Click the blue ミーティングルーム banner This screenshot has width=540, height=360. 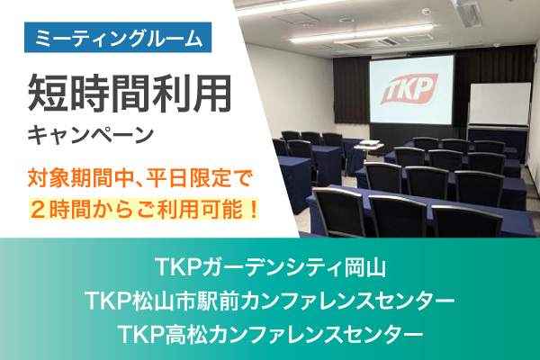[118, 37]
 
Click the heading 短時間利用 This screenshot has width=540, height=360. [130, 94]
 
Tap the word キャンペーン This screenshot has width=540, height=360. [91, 135]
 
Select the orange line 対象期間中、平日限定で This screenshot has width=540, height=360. [139, 179]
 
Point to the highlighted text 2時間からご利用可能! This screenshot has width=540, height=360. [143, 210]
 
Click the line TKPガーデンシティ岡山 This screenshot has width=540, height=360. [270, 267]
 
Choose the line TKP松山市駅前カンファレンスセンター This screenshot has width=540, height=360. [270, 300]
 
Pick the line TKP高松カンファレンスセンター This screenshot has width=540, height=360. [270, 333]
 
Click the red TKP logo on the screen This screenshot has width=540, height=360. [409, 88]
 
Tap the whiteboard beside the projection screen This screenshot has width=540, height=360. [500, 104]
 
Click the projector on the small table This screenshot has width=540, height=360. [370, 143]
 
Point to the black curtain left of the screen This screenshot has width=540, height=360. [351, 90]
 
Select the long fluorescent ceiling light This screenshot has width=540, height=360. [362, 34]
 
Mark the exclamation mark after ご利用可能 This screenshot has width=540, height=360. [253, 210]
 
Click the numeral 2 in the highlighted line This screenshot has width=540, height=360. [39, 210]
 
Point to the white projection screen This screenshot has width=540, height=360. [411, 90]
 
